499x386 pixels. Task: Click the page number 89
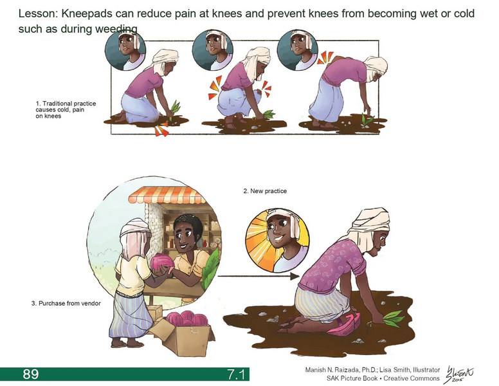(x=31, y=374)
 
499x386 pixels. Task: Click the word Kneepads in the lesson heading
(x=87, y=14)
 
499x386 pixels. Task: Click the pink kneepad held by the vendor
(x=160, y=264)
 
